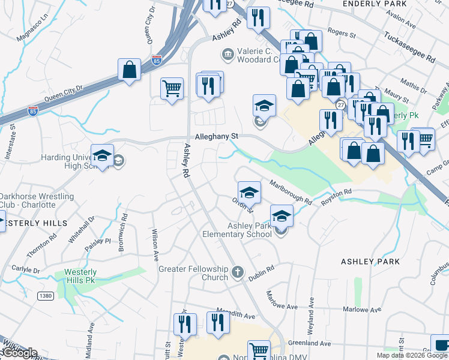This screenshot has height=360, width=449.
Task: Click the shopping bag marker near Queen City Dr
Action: click(x=130, y=70)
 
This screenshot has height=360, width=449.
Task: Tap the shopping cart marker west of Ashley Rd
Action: click(x=172, y=88)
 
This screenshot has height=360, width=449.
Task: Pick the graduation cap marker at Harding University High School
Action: click(x=103, y=155)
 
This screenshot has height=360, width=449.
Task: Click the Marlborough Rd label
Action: click(x=290, y=192)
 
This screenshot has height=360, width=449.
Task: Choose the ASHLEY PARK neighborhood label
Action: click(x=370, y=262)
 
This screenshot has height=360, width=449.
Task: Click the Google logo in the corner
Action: click(x=19, y=353)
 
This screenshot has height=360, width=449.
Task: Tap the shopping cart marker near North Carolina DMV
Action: click(x=259, y=350)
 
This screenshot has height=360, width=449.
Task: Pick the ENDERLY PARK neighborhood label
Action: click(x=375, y=4)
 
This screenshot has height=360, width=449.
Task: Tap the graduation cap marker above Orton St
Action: click(x=249, y=193)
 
